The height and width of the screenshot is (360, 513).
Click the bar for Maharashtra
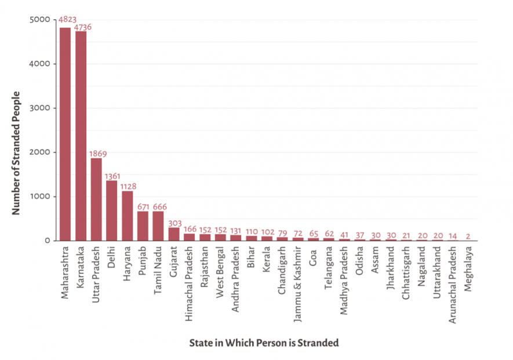[65, 134]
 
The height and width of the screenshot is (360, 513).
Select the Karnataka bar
[81, 136]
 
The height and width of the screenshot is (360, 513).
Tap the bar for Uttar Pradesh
[96, 199]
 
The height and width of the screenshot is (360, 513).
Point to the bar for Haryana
[127, 216]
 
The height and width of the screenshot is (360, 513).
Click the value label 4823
[67, 20]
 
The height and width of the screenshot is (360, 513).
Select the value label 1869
[97, 154]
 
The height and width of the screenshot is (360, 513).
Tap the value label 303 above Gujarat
[174, 223]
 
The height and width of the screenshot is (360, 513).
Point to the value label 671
[143, 206]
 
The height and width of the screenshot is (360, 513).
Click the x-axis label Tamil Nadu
[158, 271]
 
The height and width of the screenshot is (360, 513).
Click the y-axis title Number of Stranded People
[16, 153]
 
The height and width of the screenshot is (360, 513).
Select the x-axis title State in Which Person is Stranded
[264, 343]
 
